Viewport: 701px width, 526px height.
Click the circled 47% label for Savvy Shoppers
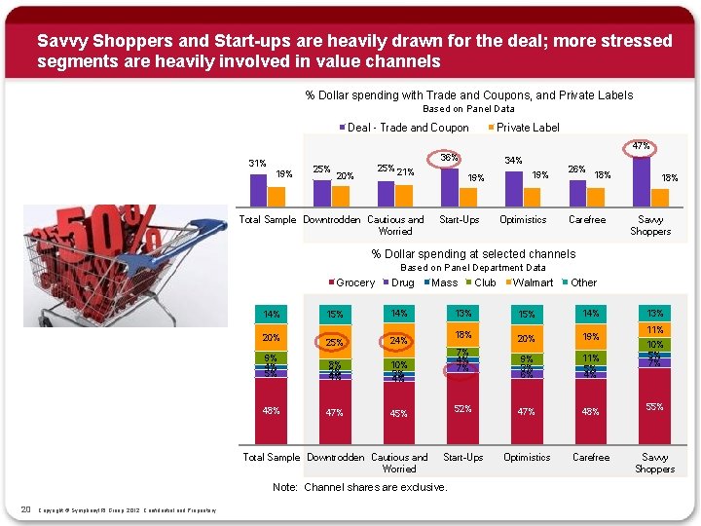(x=641, y=147)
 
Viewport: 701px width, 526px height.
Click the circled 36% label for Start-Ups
(x=450, y=158)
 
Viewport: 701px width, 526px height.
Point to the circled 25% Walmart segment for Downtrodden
(x=335, y=343)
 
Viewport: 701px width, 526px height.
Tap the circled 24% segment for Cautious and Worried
(x=398, y=341)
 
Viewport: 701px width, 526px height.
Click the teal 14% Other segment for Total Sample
(x=271, y=314)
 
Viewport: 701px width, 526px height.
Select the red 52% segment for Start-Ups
(x=462, y=409)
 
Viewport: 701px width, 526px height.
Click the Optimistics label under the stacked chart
(x=527, y=457)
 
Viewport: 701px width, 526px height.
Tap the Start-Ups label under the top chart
(x=459, y=219)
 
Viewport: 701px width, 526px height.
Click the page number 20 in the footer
(x=26, y=508)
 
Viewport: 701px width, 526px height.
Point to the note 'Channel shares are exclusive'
(x=360, y=487)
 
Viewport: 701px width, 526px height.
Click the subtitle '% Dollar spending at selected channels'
(x=473, y=254)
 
